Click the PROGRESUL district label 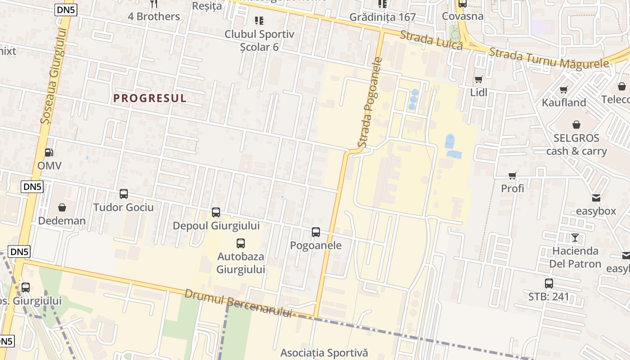(150, 98)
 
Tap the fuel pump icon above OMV (49, 153)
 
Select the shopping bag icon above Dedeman (62, 207)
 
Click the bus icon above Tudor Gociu (124, 194)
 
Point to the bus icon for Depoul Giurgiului (216, 212)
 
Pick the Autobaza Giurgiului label (241, 263)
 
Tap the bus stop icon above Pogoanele (316, 232)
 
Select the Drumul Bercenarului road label (238, 304)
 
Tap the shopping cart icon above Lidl (479, 80)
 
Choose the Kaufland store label (564, 103)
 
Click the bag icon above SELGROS (576, 124)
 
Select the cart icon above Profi (513, 175)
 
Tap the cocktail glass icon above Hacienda (575, 237)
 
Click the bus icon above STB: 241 (549, 283)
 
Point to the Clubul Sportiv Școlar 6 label (259, 40)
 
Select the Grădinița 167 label (382, 17)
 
